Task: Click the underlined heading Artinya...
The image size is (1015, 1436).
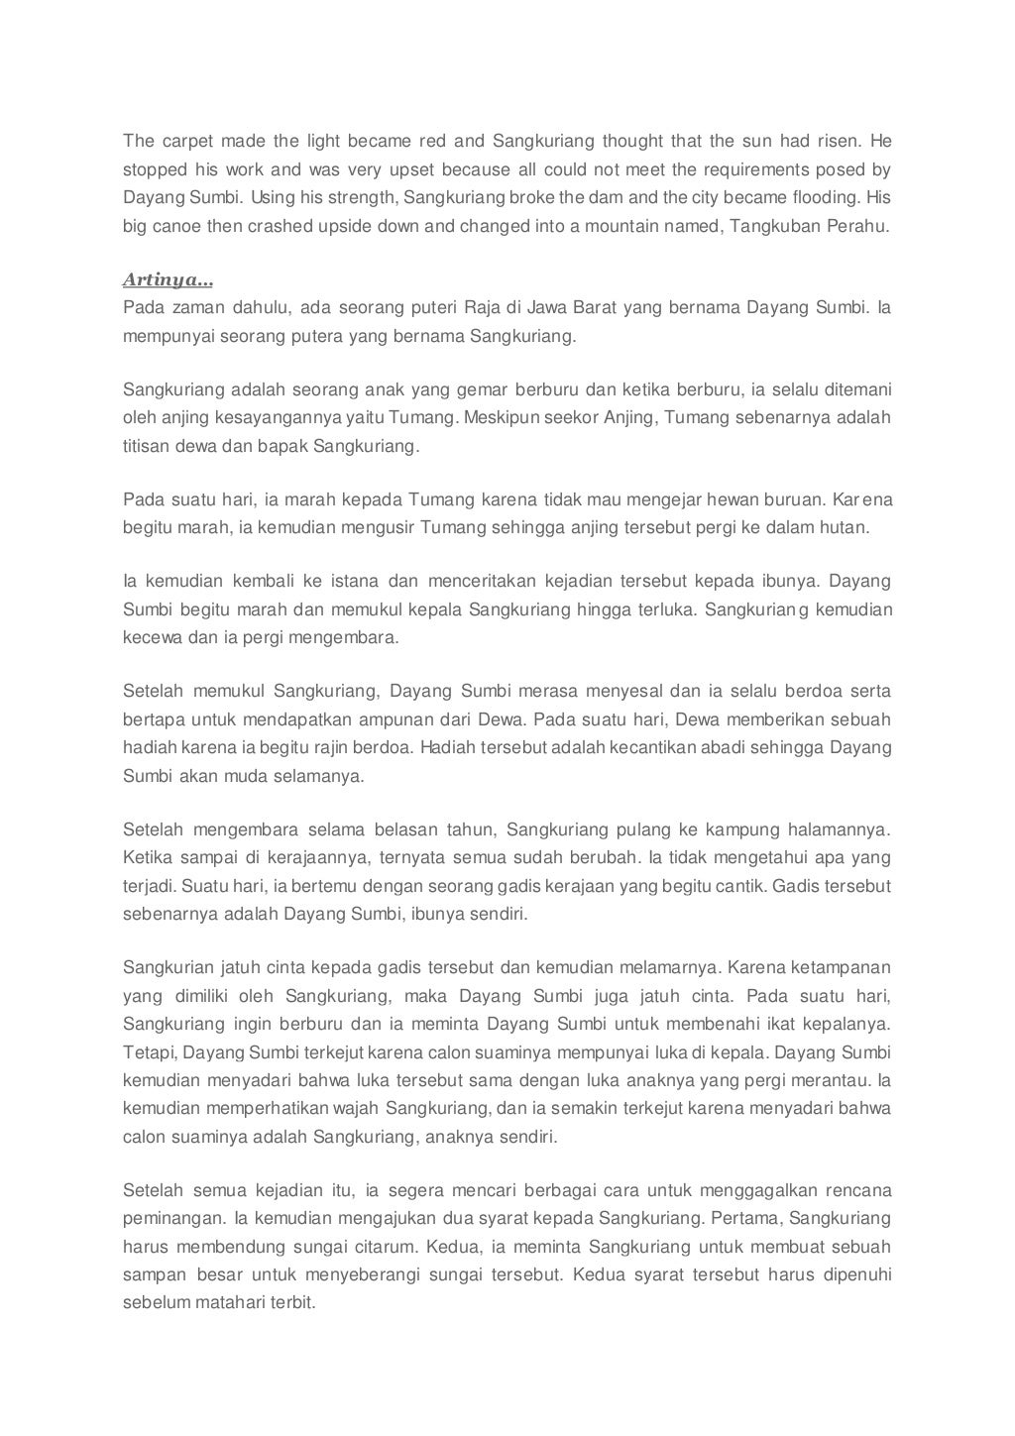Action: (x=168, y=280)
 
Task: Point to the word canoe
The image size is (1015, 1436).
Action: (x=178, y=226)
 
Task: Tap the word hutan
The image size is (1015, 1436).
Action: (x=846, y=527)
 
